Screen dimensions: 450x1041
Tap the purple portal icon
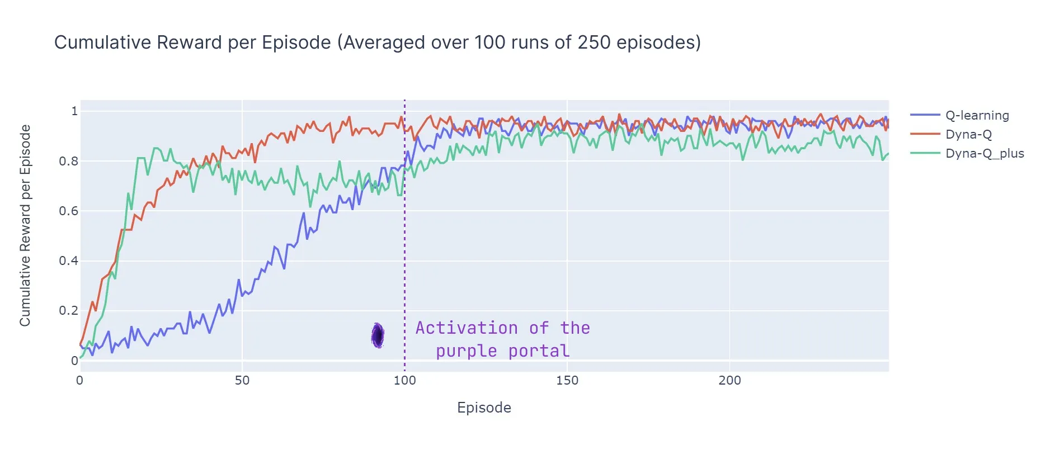tap(378, 335)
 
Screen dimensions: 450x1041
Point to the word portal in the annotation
tap(539, 350)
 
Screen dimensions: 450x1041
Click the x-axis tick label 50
tap(242, 381)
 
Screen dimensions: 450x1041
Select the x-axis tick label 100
tap(404, 381)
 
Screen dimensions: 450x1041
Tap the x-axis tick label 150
tap(567, 381)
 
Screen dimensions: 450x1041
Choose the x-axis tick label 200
tap(729, 381)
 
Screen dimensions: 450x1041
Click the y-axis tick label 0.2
tap(68, 311)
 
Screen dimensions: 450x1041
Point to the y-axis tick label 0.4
tap(68, 261)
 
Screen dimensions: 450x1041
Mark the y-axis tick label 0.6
tap(68, 211)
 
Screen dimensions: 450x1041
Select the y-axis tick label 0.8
tap(68, 161)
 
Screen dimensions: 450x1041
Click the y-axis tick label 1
tap(74, 111)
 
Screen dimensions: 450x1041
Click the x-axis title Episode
tap(484, 408)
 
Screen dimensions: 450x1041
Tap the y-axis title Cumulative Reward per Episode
tap(25, 225)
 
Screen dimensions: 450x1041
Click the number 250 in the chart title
tap(594, 42)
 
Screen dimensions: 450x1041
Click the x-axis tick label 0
tap(80, 381)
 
